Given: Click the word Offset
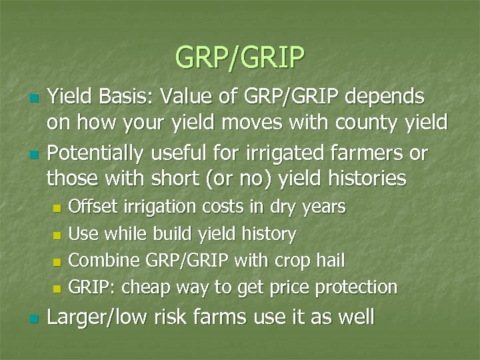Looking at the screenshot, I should (x=91, y=207).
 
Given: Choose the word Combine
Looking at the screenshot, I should (x=99, y=260).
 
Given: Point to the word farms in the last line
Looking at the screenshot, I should (x=220, y=317).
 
